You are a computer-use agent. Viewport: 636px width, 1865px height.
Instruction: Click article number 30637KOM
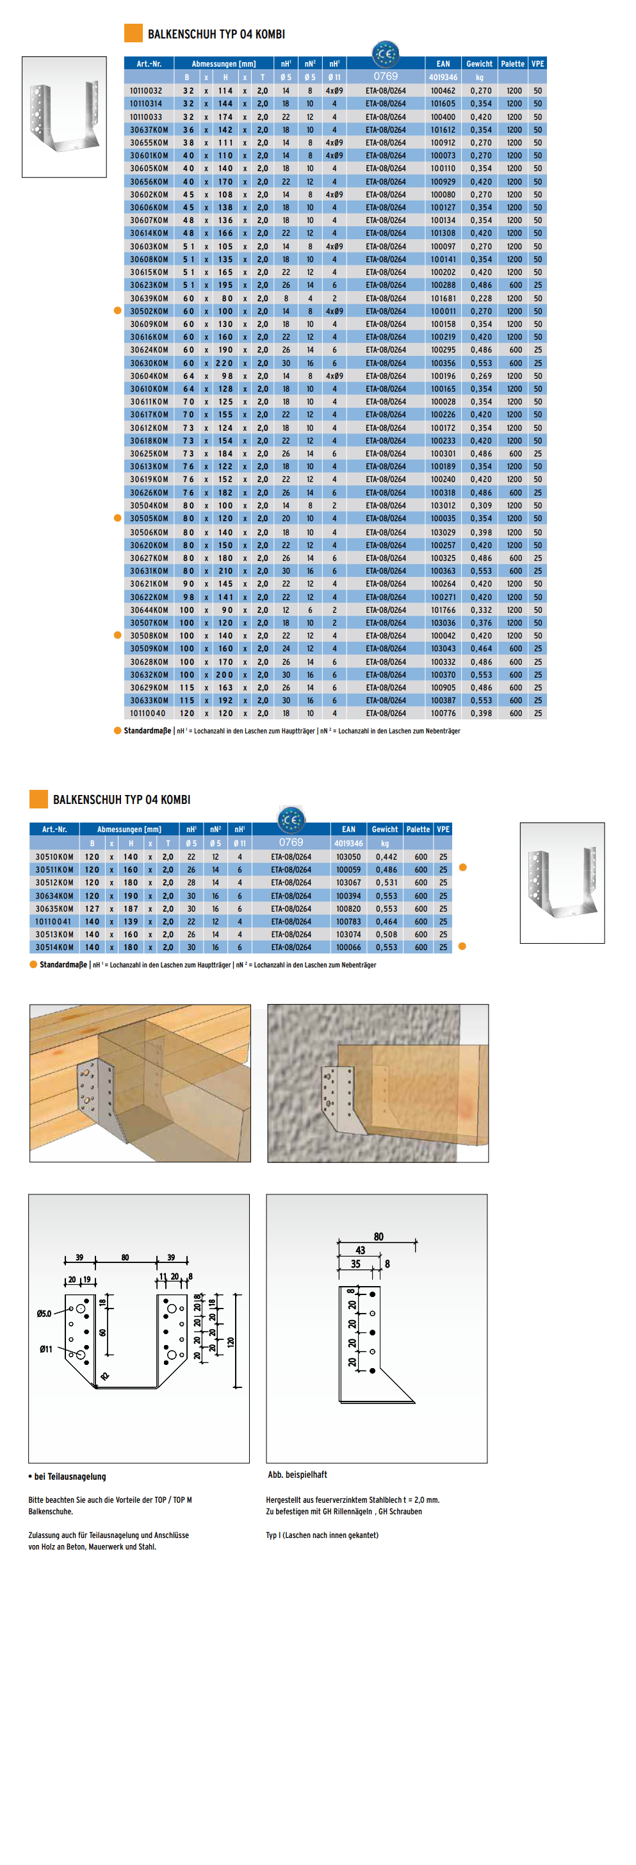(x=149, y=130)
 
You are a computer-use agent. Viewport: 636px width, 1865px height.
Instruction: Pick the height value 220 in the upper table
(x=225, y=363)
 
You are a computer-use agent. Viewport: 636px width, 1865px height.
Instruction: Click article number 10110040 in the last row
(x=147, y=713)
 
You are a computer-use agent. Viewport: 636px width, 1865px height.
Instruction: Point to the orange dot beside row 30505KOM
(x=117, y=517)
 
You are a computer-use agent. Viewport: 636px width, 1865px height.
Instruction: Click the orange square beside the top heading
(x=133, y=33)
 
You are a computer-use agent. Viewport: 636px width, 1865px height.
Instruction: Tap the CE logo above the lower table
(x=291, y=819)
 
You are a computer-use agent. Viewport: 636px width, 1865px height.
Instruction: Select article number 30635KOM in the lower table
(x=54, y=908)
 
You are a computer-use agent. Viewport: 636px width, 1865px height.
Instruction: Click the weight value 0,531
(x=386, y=883)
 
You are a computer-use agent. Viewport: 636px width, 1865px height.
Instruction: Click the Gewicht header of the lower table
(x=384, y=829)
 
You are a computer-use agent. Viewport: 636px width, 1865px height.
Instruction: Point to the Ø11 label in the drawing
(x=45, y=1349)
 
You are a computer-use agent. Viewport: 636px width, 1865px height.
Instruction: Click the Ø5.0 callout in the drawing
(x=44, y=1313)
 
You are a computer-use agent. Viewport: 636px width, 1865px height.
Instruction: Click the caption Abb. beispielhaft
(x=297, y=1475)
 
